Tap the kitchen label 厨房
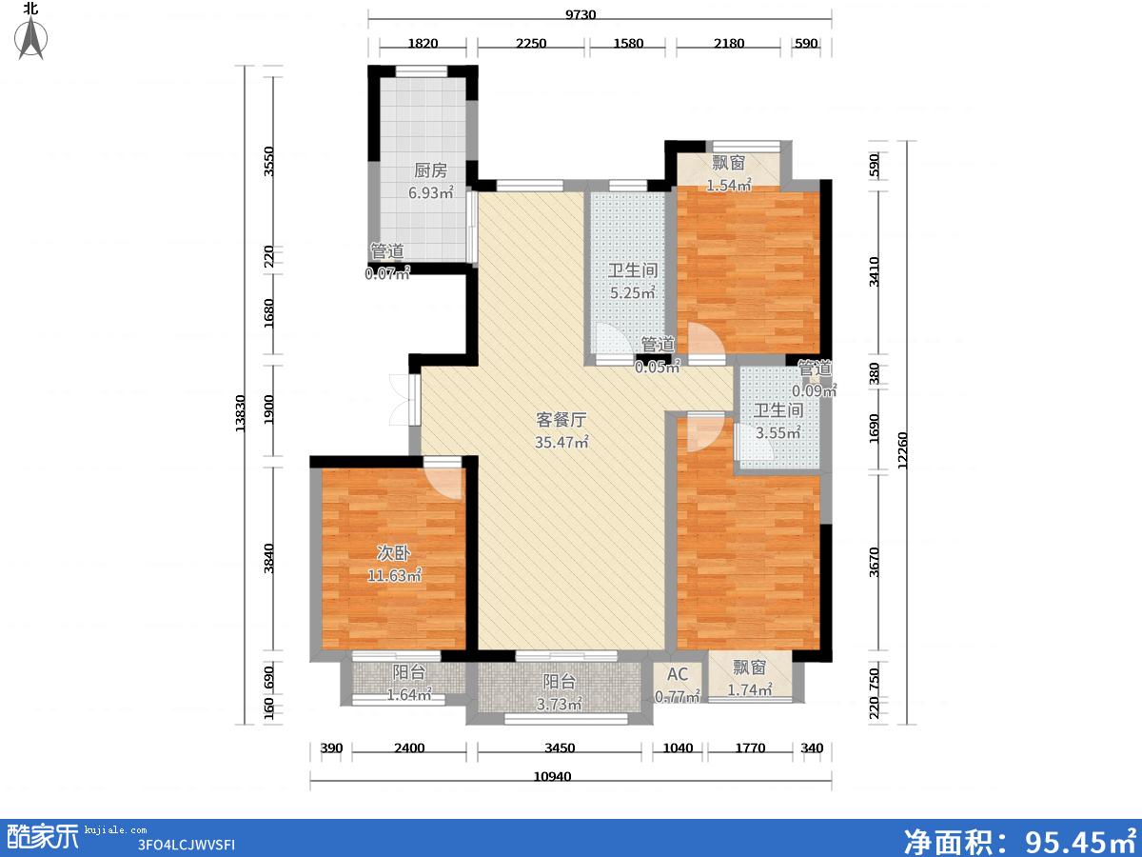[x=430, y=170]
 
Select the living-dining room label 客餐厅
[x=561, y=419]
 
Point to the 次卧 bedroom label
[x=393, y=553]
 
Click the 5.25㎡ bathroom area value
[x=633, y=292]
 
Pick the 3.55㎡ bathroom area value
[x=778, y=432]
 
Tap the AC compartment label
[x=678, y=674]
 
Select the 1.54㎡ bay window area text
[x=728, y=185]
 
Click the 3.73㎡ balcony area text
[x=559, y=704]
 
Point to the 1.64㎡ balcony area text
[x=409, y=695]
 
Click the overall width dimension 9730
[x=581, y=14]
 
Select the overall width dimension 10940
[x=553, y=777]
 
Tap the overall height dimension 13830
[x=240, y=413]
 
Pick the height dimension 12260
[x=902, y=450]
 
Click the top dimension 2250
[x=531, y=43]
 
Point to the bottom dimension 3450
[x=560, y=748]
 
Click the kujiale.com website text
[x=115, y=830]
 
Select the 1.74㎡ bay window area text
[x=749, y=690]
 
